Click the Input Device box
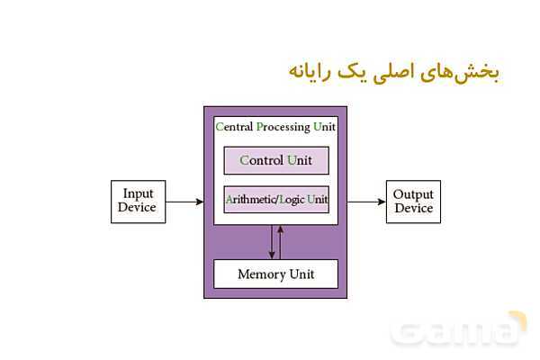coord(139,201)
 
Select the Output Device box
coord(414,202)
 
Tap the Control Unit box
coord(275,160)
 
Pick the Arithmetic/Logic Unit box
coord(275,199)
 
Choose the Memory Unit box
coord(275,274)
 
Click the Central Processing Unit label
coord(275,127)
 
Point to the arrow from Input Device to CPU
coord(184,202)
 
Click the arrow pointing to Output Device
coord(366,202)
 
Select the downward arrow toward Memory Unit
coord(271,241)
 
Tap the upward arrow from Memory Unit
coord(281,241)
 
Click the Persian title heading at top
coord(393,72)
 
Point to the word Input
coord(139,193)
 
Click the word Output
coord(414,194)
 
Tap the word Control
coord(261,160)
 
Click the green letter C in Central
coord(219,127)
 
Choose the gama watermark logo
coord(459,330)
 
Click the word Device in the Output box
coord(414,209)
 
